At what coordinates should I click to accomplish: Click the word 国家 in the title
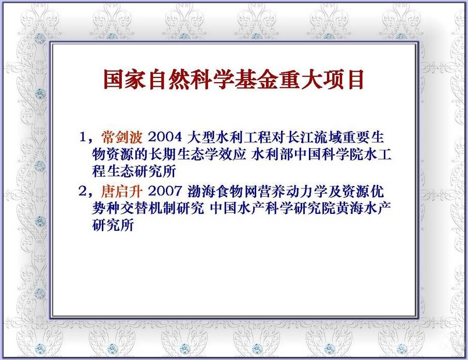click(124, 80)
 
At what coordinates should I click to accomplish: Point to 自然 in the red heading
click(168, 80)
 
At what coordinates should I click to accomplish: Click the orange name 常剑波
click(122, 137)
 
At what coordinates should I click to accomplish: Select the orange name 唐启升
click(122, 191)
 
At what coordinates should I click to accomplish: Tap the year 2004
click(165, 137)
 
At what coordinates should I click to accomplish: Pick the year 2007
click(165, 191)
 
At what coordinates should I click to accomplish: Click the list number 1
click(83, 137)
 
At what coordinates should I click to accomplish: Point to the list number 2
click(83, 191)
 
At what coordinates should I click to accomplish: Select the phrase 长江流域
click(314, 137)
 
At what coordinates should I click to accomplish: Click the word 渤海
click(201, 191)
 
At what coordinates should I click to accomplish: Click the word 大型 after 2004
click(201, 137)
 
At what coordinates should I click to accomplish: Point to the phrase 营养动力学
click(293, 191)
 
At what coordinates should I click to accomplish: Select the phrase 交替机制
click(148, 208)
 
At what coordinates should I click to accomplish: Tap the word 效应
click(232, 154)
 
